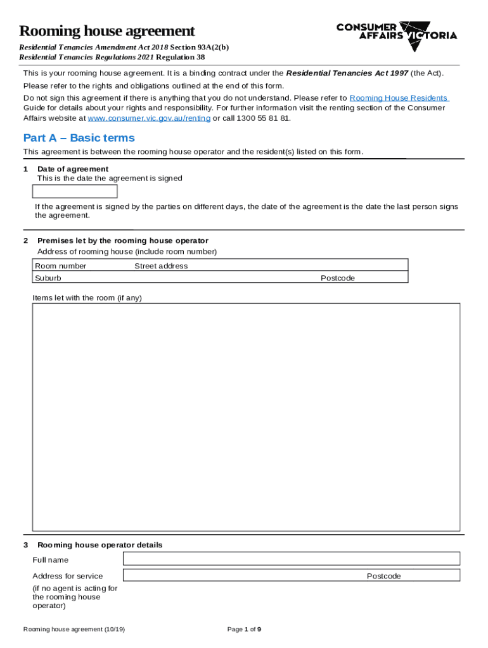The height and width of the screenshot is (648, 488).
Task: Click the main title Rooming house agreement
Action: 106,31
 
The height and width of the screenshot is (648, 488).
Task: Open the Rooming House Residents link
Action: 399,98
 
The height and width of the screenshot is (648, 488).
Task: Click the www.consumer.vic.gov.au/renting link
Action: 149,118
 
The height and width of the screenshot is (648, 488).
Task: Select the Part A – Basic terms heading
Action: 79,138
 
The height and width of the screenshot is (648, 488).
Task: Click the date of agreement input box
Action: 75,192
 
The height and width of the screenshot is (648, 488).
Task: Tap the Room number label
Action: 61,266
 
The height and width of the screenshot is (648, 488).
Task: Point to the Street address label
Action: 161,266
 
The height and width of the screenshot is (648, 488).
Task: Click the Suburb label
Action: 48,278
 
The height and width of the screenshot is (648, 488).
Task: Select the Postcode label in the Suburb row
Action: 337,278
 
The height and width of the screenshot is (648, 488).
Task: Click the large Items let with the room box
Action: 246,416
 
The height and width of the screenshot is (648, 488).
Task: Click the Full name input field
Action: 291,558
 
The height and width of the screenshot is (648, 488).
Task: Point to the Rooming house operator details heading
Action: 100,545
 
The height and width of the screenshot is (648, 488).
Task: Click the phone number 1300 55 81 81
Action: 264,118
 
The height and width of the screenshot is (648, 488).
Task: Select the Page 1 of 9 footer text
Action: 244,629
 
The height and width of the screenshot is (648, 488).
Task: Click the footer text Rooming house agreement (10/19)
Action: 74,629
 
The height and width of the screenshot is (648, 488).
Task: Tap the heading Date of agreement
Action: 73,169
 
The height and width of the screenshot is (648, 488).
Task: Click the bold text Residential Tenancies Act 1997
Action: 347,73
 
